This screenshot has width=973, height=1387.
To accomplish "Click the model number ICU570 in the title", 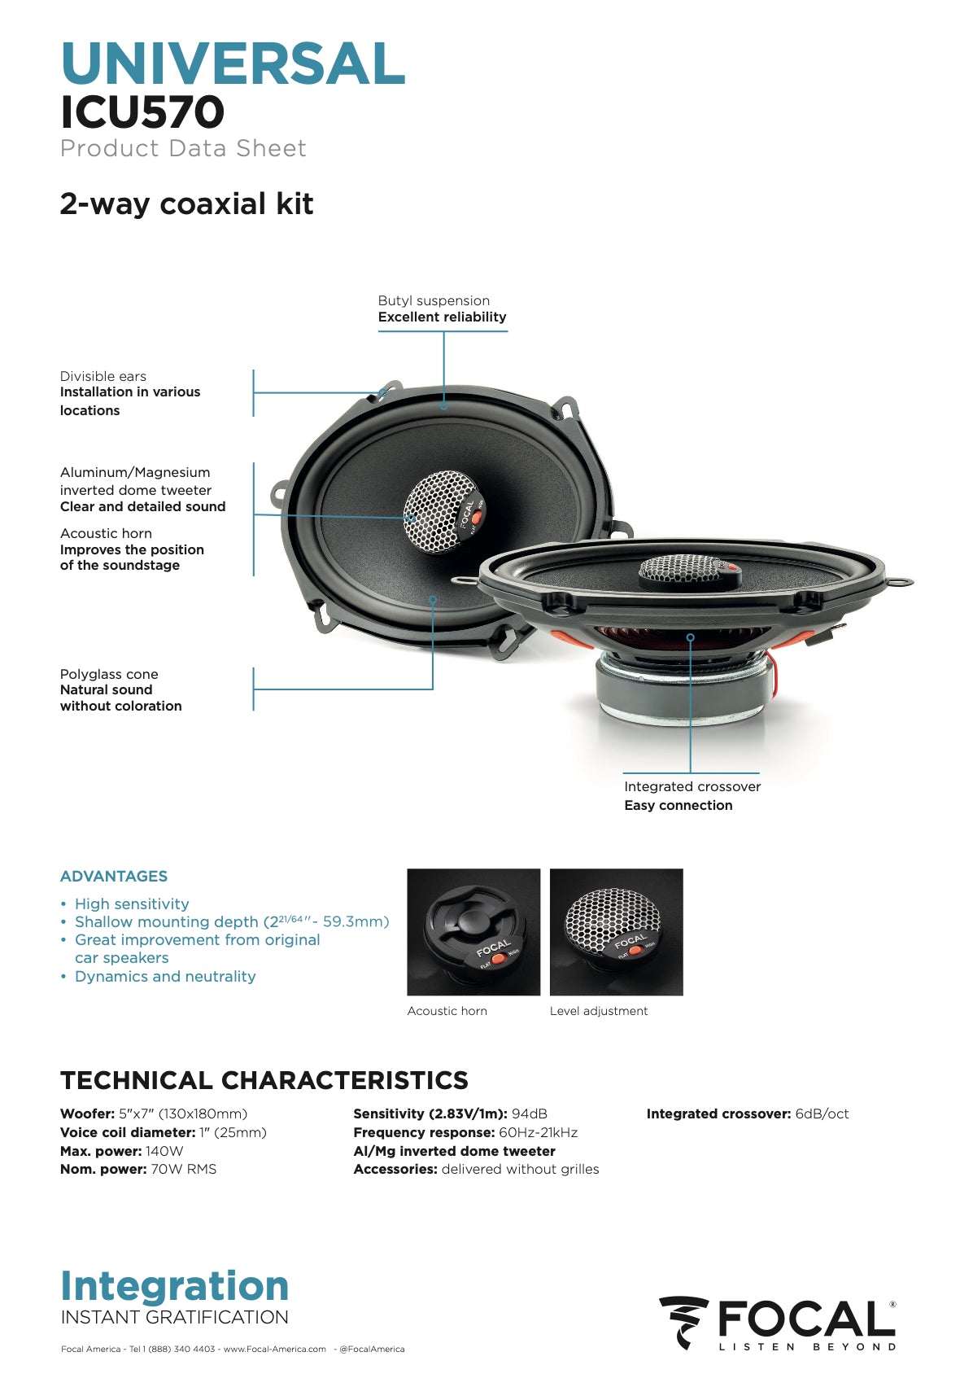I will pos(142,112).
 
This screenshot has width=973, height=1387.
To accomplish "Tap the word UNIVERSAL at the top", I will pos(233,64).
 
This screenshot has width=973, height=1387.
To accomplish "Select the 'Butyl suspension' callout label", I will pos(434,300).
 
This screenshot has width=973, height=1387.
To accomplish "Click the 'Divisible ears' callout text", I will pos(103,376).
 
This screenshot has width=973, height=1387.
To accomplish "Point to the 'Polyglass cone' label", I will pos(109,674).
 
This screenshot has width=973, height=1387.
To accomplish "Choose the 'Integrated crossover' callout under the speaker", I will pos(692,786).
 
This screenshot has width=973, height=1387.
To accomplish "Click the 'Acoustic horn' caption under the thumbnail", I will pos(447,1011).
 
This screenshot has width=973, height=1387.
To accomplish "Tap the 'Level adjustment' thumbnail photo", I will pos(616,932).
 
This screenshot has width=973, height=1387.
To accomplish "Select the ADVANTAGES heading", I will pos(114,877).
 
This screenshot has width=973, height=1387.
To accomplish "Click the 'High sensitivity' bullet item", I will pos(132,904).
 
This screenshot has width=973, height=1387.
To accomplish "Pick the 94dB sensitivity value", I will pos(529,1114).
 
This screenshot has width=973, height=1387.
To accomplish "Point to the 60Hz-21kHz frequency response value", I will pos(538,1132).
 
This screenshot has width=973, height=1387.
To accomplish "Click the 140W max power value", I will pos(164,1151).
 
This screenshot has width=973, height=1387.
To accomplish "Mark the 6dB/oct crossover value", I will pos(822,1114).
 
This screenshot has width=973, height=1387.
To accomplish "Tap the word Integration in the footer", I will pos(175,1287).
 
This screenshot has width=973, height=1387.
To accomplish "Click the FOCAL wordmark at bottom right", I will pos(805,1319).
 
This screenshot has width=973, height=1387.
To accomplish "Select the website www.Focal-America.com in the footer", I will pos(275,1349).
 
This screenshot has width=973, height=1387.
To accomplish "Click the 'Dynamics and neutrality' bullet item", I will pos(165,977).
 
